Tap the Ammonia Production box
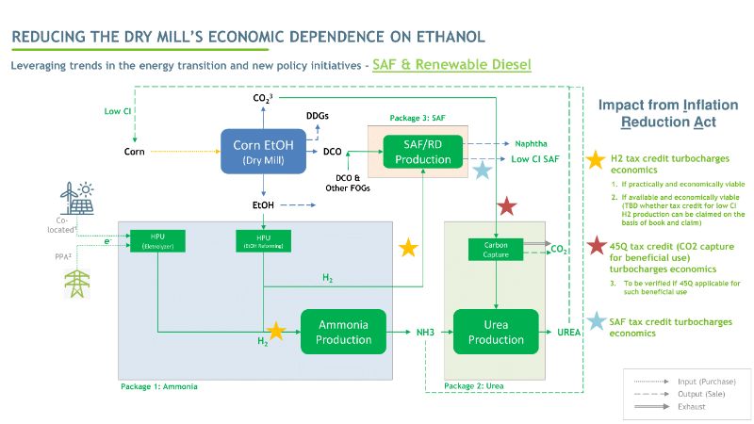click(343, 332)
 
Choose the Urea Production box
click(496, 332)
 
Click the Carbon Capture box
click(496, 250)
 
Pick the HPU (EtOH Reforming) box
click(263, 240)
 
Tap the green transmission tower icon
click(74, 283)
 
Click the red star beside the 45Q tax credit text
click(596, 248)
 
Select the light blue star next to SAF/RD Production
click(483, 170)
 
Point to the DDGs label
click(319, 116)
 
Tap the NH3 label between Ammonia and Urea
click(427, 332)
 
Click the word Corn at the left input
click(134, 151)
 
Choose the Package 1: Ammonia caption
click(159, 386)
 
